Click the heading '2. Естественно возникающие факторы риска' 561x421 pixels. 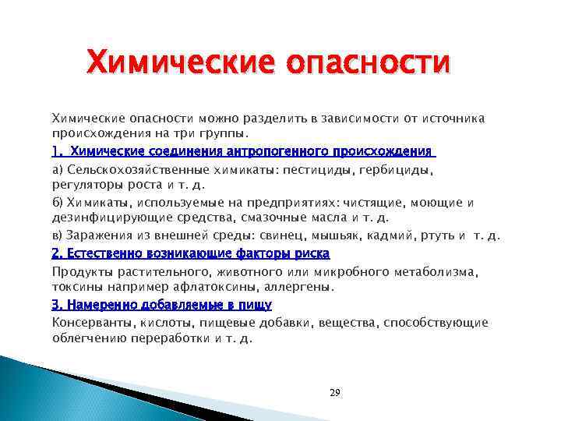click(190, 253)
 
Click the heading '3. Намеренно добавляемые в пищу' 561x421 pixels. click(161, 304)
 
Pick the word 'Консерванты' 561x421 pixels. click(92, 322)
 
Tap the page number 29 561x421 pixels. click(335, 392)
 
